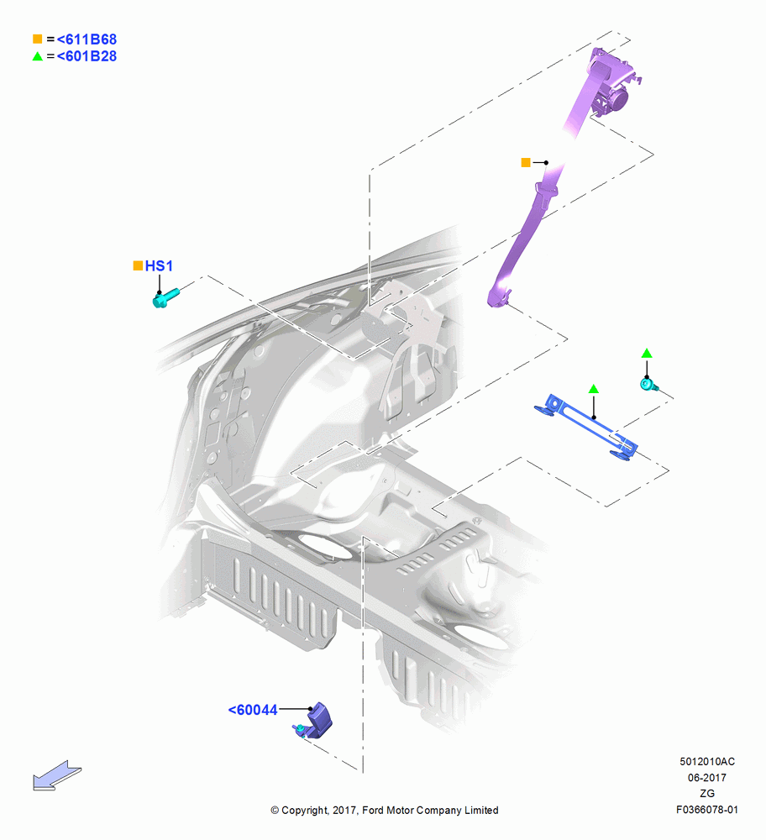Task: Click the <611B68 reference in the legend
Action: pyautogui.click(x=87, y=39)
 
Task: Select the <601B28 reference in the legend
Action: pyautogui.click(x=87, y=56)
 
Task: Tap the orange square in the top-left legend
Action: pyautogui.click(x=38, y=39)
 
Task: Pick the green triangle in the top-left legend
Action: pyautogui.click(x=38, y=55)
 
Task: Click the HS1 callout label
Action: pyautogui.click(x=159, y=265)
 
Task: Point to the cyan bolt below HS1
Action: pyautogui.click(x=165, y=298)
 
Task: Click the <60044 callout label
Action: pyautogui.click(x=253, y=710)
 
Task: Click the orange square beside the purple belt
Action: pyautogui.click(x=526, y=162)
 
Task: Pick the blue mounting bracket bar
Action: pyautogui.click(x=586, y=427)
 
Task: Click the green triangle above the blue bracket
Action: pyautogui.click(x=594, y=389)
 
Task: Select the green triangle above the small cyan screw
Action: pyautogui.click(x=647, y=353)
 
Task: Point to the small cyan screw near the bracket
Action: pyautogui.click(x=649, y=384)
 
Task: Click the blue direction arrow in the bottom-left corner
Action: pyautogui.click(x=57, y=775)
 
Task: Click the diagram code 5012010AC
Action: pyautogui.click(x=707, y=761)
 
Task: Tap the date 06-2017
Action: pyautogui.click(x=707, y=777)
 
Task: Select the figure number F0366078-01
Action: pyautogui.click(x=707, y=810)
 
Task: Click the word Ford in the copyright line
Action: pyautogui.click(x=374, y=810)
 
